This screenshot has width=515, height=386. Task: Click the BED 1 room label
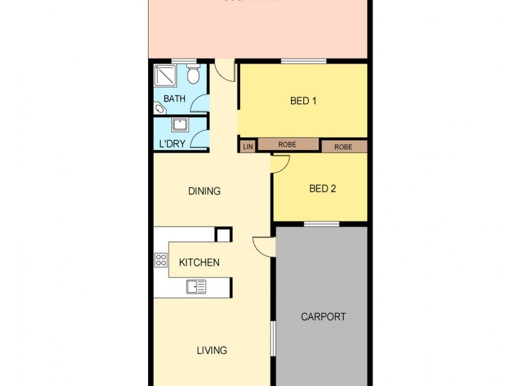pos(303,100)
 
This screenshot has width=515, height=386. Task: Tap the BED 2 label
pos(323,188)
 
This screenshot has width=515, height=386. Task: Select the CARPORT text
pos(323,317)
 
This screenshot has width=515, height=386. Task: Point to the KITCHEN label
pos(199,262)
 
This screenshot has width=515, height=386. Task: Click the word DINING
pos(204,191)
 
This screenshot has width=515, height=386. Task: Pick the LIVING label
pos(212,351)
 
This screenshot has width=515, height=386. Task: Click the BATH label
pos(174,99)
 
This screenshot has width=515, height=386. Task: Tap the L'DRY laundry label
pos(172,143)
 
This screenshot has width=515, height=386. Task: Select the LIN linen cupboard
pos(248,146)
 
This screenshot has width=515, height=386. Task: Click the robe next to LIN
pos(287,145)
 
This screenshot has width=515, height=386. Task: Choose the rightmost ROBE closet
pos(343,147)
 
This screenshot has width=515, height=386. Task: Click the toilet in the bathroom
pos(192,75)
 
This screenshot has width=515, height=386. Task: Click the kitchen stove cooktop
pos(161,261)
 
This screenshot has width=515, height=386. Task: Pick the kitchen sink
pos(196,286)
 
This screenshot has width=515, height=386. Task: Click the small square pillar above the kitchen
pos(223,235)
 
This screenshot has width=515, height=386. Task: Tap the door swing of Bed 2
pos(280,165)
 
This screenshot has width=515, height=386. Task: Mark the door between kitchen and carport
pos(265,246)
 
